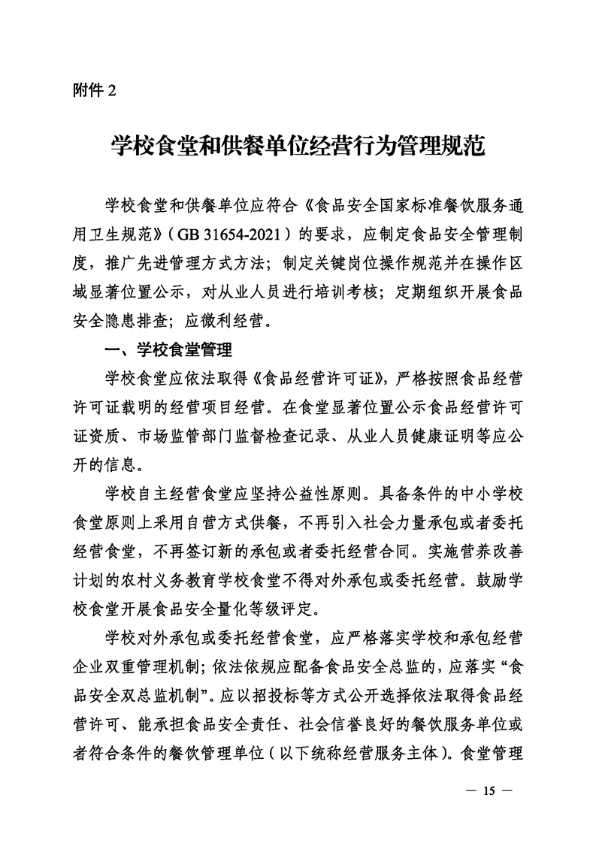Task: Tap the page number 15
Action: click(488, 790)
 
